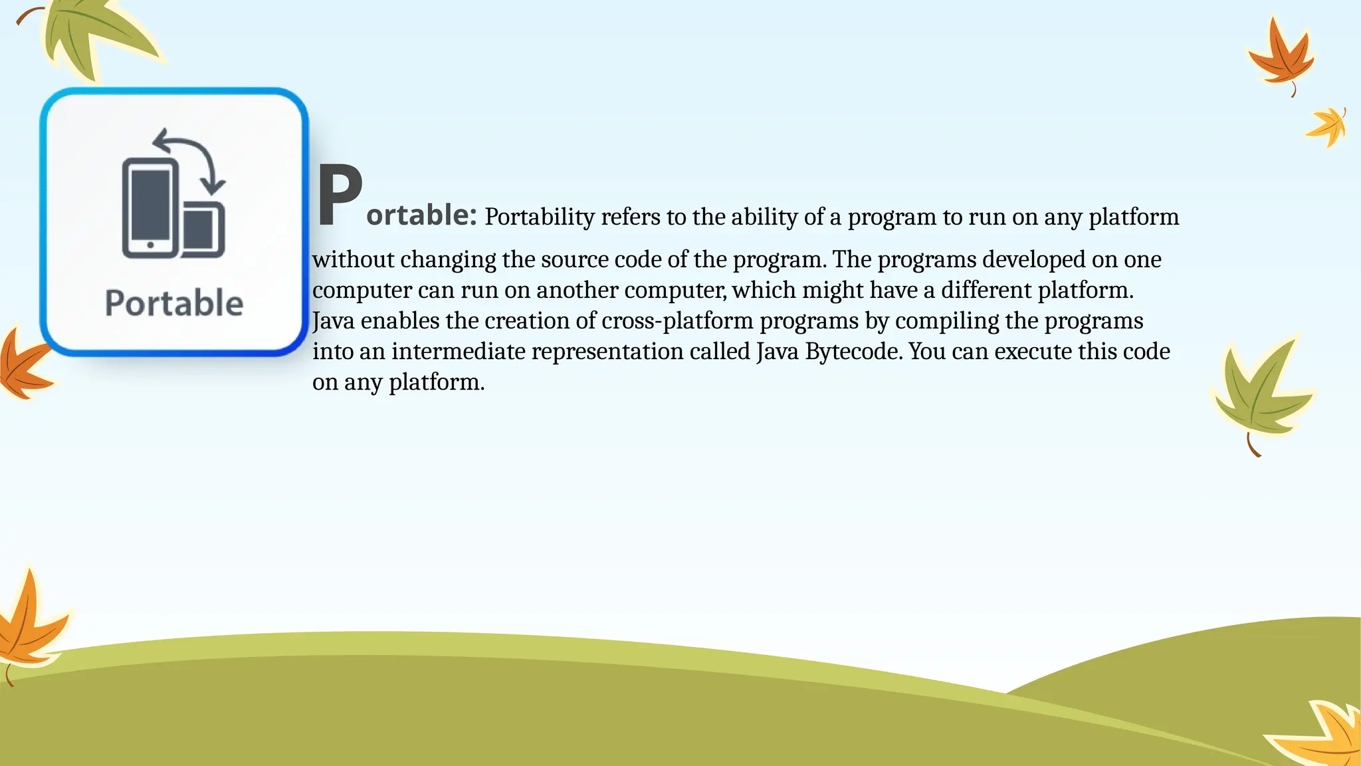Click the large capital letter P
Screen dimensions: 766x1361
[339, 195]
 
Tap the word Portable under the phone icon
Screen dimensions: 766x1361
[174, 303]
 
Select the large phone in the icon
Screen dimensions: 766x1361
[151, 208]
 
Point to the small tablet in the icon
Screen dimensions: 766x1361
[202, 231]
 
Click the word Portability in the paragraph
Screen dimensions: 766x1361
[539, 217]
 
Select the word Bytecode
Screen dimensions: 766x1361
[853, 351]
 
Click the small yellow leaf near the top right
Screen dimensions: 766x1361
[1328, 126]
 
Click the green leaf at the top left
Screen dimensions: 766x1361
[93, 37]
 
